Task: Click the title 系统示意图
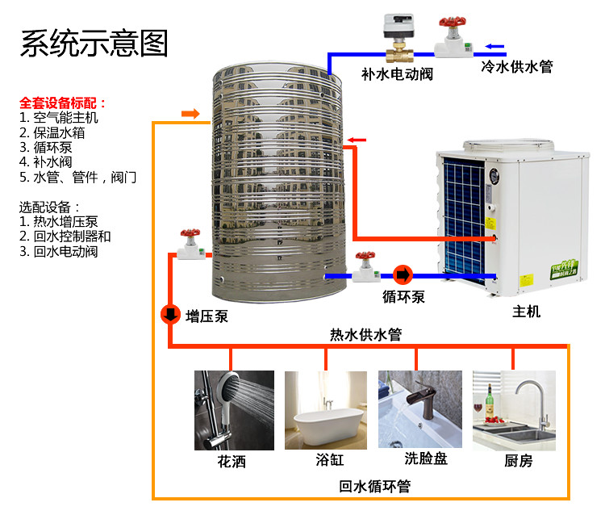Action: pos(94,44)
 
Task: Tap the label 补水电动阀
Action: pos(397,74)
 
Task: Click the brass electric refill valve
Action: pos(399,55)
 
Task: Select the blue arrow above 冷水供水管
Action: pos(494,47)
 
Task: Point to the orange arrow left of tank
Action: pos(190,114)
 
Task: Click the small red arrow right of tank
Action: pos(357,140)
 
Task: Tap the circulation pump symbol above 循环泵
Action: pos(403,275)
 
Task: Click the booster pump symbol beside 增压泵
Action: pos(170,315)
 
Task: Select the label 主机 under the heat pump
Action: pos(526,311)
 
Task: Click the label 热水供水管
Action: pos(365,334)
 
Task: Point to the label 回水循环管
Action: pos(374,486)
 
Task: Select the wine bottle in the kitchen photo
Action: pos(490,400)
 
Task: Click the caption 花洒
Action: pos(232,462)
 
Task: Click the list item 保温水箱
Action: pos(59,132)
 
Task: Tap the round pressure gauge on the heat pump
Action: pos(494,176)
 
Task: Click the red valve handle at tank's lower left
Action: pos(190,232)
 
